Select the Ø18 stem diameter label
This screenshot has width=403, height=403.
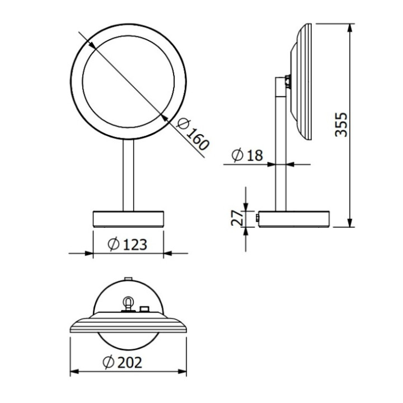(x=246, y=154)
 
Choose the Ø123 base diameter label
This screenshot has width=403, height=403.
(x=128, y=244)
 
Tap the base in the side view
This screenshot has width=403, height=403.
(x=293, y=219)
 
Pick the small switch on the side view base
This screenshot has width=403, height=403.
(x=257, y=218)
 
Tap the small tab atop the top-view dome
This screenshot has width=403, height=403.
(x=128, y=278)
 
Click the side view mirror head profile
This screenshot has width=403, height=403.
(x=302, y=81)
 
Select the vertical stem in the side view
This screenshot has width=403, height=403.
(x=279, y=146)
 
